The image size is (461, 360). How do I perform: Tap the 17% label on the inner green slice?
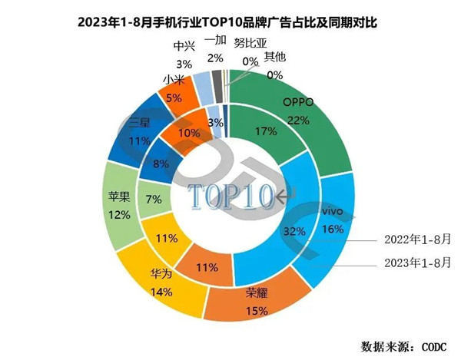(x=266, y=131)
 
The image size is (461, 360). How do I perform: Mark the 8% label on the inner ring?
(x=162, y=162)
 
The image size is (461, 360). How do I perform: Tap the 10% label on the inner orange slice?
(x=186, y=132)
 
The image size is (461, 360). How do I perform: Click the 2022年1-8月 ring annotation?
(x=415, y=239)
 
